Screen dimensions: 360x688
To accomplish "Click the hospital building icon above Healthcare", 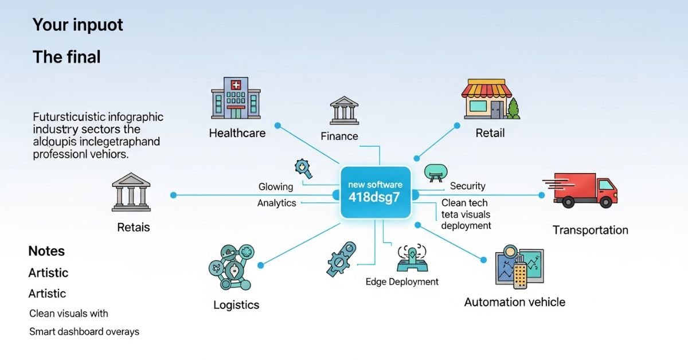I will point(235,99).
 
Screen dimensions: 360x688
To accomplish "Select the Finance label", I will point(339,136).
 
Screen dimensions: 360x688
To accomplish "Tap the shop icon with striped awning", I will point(486,100).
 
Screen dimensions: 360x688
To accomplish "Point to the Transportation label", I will point(590,230).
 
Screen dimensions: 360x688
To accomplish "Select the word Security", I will point(467,186).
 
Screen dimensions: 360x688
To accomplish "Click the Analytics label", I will point(276,204).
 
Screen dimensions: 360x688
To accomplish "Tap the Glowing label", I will point(275,187).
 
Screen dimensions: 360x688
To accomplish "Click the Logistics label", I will point(236,305).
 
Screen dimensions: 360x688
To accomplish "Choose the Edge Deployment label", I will point(402,282).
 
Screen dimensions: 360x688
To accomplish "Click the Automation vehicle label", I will point(514,302).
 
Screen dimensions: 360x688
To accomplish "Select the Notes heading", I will point(46,251).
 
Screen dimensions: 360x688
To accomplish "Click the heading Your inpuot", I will point(77,25).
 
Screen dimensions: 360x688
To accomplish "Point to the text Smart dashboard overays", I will point(84,332).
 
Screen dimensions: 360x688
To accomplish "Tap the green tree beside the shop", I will point(514,109).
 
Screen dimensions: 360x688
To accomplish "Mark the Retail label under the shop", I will point(490,134).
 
